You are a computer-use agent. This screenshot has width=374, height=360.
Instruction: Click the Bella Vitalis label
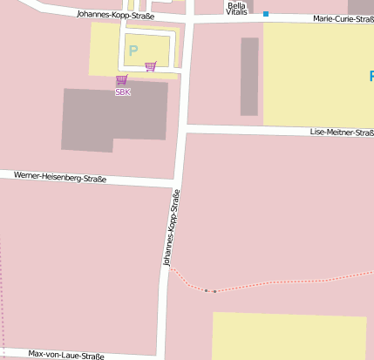[236, 9]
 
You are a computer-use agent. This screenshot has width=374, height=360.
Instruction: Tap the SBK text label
[123, 92]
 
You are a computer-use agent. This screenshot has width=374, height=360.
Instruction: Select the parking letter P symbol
[133, 51]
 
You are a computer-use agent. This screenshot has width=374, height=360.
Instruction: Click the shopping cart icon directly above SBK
[121, 80]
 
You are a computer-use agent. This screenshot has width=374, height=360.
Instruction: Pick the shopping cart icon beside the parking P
[150, 65]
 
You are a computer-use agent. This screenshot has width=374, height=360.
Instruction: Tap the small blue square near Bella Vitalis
[266, 14]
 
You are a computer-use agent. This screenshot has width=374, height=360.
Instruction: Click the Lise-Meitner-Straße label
[342, 132]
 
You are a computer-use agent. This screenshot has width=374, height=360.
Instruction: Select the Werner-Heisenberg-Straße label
[60, 177]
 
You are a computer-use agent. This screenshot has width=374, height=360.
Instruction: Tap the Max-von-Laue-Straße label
[66, 355]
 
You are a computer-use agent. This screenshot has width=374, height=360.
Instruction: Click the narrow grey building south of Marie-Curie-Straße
[249, 76]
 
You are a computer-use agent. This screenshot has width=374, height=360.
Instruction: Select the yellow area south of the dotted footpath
[288, 335]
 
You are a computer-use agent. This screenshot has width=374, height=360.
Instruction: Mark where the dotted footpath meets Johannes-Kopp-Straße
[169, 268]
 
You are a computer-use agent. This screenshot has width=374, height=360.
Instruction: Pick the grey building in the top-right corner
[360, 6]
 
